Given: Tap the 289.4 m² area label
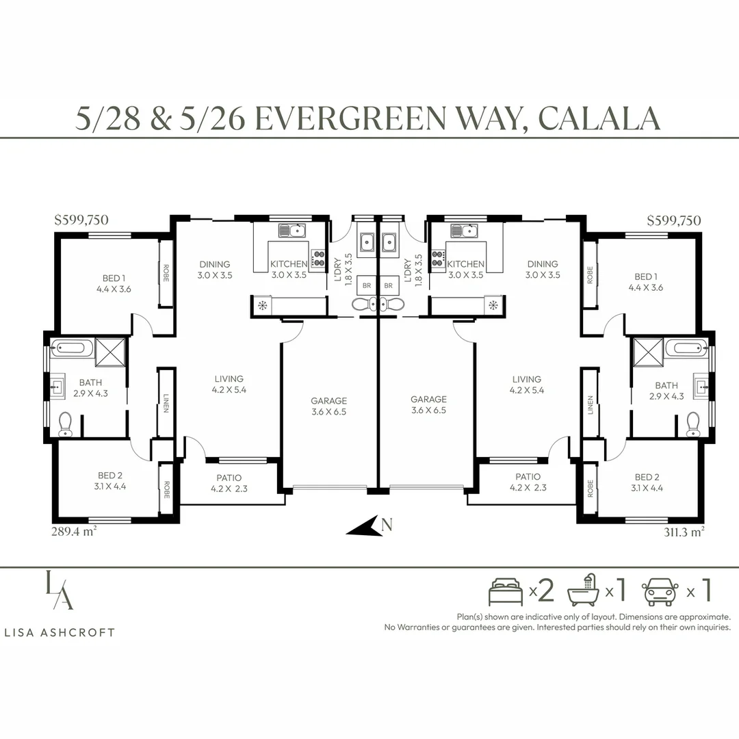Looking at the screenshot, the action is [74, 531].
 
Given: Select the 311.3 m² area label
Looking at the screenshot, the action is [684, 532].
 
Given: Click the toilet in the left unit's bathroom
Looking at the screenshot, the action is [64, 424].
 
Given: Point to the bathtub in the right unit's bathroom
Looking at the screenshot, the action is [686, 348].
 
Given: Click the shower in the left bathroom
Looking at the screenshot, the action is [110, 352].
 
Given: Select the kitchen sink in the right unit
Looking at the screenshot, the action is [464, 231].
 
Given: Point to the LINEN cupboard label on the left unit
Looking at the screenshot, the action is [166, 403].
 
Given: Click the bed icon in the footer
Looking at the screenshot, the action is [506, 591].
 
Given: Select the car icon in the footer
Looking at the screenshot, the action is [660, 592].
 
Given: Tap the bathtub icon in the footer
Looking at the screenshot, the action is [584, 590].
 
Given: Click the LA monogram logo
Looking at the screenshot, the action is [60, 590].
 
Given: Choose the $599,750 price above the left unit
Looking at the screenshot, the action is [81, 220].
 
